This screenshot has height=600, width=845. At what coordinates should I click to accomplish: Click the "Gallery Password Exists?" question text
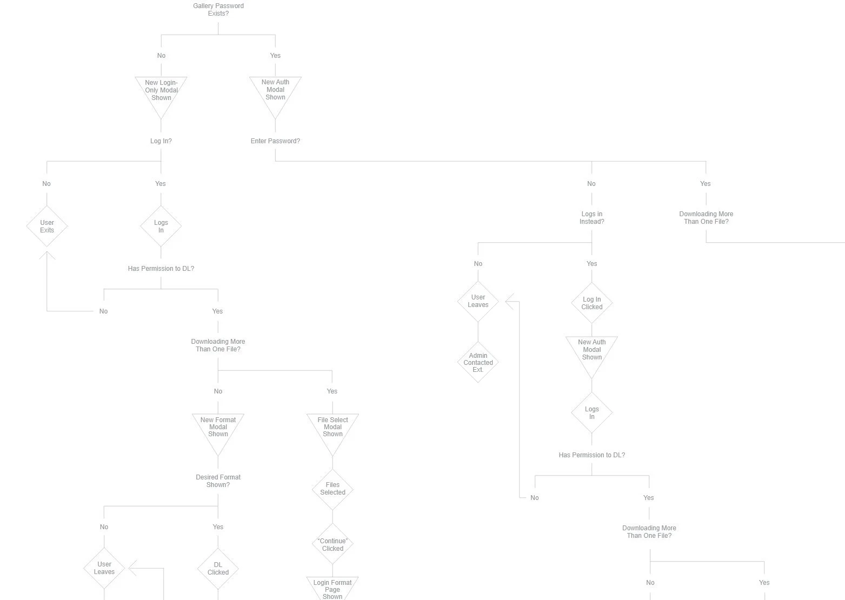218,10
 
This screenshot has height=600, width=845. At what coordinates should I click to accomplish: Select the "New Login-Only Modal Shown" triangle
161,91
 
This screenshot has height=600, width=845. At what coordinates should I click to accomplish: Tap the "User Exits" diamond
47,226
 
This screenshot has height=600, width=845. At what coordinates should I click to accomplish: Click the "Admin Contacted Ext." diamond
478,362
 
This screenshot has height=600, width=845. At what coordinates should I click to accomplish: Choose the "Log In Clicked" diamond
592,303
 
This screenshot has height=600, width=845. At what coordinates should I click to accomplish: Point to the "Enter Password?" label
275,141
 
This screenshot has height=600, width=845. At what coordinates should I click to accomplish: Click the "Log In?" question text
161,141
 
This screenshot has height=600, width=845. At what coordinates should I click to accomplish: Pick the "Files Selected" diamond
332,489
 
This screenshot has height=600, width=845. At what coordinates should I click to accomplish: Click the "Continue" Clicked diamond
332,545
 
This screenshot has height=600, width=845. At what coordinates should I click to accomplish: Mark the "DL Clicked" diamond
218,569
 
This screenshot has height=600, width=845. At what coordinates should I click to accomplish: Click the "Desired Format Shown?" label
218,481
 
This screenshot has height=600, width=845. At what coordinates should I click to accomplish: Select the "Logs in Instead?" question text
592,218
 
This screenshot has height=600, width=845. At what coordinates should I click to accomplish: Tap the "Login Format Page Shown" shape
332,589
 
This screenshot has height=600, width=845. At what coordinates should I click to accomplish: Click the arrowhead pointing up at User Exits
47,255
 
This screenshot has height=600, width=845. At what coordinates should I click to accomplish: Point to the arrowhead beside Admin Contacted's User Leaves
510,301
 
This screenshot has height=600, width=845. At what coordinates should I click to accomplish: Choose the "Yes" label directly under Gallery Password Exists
275,56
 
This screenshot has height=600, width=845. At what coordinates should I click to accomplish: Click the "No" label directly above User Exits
46,184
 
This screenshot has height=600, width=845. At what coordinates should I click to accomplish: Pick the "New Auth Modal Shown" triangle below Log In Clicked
592,351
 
